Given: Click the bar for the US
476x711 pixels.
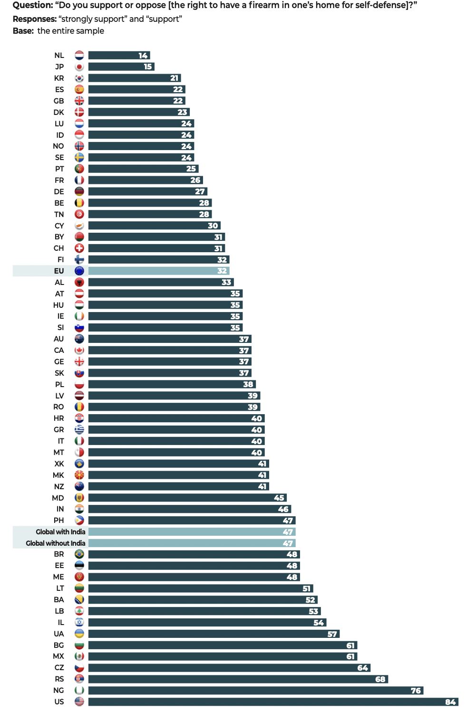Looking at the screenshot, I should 273,702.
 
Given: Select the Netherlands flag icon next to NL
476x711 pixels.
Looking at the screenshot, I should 79,56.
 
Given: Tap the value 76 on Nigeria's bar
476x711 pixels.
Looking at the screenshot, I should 416,691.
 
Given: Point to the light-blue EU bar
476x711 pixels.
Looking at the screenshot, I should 159,271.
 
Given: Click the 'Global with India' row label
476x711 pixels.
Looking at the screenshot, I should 60,532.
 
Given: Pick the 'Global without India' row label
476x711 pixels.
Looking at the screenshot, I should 56,543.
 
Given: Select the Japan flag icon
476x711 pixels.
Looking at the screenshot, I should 79,67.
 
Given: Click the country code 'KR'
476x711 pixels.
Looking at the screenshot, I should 59,78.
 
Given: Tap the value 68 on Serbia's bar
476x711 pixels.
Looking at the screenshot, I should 380,679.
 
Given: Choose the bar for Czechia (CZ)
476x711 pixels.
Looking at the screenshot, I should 229,668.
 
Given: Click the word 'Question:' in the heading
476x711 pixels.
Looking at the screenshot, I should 33,5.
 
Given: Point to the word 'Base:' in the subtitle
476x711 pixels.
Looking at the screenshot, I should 23,31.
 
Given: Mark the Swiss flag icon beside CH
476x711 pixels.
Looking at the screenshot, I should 79,248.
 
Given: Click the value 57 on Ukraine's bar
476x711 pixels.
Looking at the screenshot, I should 332,634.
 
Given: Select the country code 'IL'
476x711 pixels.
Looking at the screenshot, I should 61,623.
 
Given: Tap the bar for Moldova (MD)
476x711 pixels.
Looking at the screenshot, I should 187,498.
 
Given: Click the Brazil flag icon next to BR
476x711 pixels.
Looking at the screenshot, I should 79,554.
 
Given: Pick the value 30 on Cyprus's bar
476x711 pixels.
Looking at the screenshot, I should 213,226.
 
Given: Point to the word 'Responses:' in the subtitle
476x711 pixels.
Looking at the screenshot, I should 35,19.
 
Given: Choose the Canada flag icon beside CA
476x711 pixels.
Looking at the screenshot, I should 79,350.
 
